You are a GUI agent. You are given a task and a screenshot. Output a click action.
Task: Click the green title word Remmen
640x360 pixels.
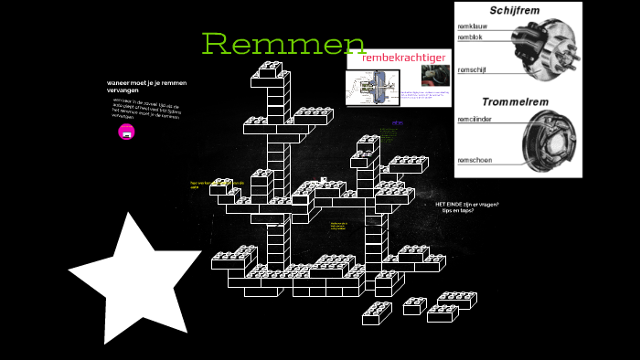pyautogui.click(x=283, y=43)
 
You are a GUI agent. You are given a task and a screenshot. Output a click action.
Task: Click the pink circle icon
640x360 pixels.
pyautogui.click(x=127, y=132)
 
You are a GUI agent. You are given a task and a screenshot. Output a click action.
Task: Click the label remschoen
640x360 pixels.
pyautogui.click(x=475, y=160)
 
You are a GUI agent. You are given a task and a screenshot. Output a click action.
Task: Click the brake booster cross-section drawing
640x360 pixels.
pyautogui.click(x=370, y=88)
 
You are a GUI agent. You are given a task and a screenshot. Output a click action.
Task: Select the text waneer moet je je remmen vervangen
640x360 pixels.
pyautogui.click(x=146, y=86)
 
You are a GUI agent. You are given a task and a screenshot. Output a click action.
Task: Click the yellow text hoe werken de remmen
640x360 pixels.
pyautogui.click(x=217, y=184)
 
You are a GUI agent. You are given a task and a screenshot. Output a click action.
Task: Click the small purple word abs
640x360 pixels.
pyautogui.click(x=397, y=122)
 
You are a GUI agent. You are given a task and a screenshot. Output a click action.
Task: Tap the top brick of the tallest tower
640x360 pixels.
pyautogui.click(x=271, y=68)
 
